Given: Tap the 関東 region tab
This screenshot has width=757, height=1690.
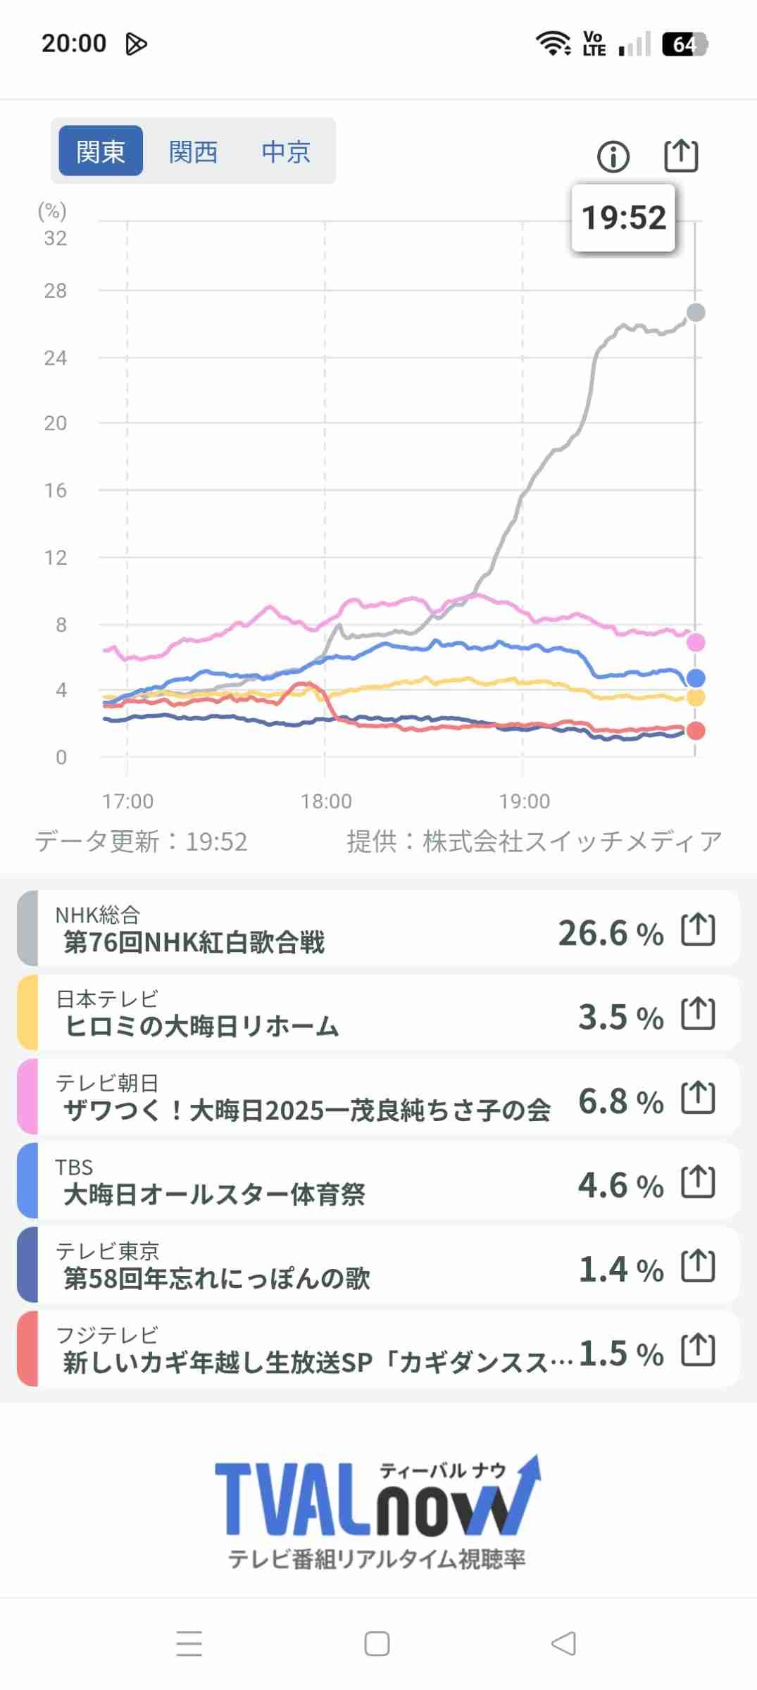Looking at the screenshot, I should pyautogui.click(x=100, y=151).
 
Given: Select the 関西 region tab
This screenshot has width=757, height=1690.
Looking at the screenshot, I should pyautogui.click(x=193, y=151).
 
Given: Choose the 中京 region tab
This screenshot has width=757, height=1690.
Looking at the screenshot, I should pyautogui.click(x=285, y=151).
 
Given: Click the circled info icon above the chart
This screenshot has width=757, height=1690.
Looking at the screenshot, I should pyautogui.click(x=613, y=156).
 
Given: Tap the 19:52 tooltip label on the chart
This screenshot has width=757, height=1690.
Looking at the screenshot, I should pyautogui.click(x=623, y=218).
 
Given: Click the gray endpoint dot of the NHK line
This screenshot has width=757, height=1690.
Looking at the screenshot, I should pyautogui.click(x=696, y=312).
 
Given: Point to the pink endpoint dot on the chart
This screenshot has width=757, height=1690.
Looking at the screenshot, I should pyautogui.click(x=696, y=642).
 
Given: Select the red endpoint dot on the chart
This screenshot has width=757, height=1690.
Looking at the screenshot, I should pyautogui.click(x=696, y=731).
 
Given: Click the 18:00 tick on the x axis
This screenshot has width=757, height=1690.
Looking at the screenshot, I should pyautogui.click(x=325, y=801).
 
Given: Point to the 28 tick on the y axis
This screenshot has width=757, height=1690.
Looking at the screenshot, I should pyautogui.click(x=56, y=291).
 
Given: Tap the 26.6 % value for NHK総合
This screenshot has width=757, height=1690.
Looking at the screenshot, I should pyautogui.click(x=610, y=933).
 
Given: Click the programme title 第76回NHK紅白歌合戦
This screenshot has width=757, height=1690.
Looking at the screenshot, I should pyautogui.click(x=194, y=942).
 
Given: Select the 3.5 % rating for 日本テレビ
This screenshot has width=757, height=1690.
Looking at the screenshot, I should pyautogui.click(x=620, y=1018).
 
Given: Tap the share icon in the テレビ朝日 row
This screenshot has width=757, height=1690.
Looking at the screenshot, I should pyautogui.click(x=698, y=1098).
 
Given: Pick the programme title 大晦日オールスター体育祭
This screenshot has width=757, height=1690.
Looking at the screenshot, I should pyautogui.click(x=215, y=1194).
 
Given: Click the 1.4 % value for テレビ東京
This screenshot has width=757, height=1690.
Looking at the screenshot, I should pyautogui.click(x=620, y=1269).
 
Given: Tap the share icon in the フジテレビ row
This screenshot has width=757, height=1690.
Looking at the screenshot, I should pyautogui.click(x=698, y=1349).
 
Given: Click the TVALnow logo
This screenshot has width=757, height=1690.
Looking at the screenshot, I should pyautogui.click(x=377, y=1500).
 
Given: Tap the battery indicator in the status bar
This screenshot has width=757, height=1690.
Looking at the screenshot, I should pyautogui.click(x=684, y=44).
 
